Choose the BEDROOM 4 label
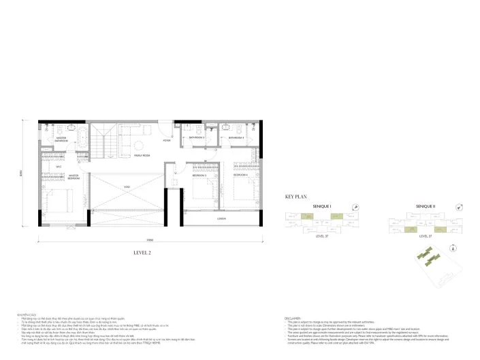click(240, 175)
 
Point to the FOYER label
click(166, 141)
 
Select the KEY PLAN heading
click(298, 196)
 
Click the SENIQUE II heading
click(426, 206)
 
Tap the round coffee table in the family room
click(138, 144)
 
